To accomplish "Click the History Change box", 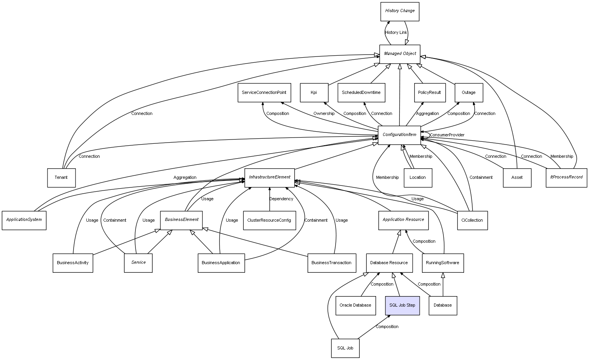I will (x=400, y=11).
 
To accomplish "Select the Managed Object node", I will (x=400, y=54).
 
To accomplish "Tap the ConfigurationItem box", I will (x=399, y=135).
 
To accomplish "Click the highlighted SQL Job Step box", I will (x=402, y=305).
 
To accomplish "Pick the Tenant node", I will (x=61, y=178).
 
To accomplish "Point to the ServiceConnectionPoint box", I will (x=264, y=93).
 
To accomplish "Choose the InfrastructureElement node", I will (x=269, y=177).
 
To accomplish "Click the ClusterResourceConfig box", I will (x=269, y=221).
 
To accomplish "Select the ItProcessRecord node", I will (x=566, y=177).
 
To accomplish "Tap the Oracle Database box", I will (x=355, y=305).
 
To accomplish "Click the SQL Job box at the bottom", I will (x=345, y=348).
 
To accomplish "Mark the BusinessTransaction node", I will (x=331, y=263).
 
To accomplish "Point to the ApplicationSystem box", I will (x=24, y=220).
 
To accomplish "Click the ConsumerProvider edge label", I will (x=447, y=135).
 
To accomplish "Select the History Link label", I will (x=396, y=33).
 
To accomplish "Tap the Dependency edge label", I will (x=281, y=199).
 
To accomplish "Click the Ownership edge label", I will (x=324, y=114).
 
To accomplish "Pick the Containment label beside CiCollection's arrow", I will (x=481, y=178).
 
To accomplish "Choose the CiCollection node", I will (x=472, y=221).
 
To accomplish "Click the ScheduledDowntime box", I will (x=361, y=93).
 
